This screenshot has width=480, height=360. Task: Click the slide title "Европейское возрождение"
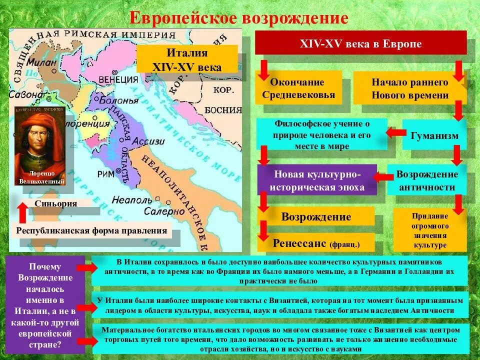click(x=239, y=17)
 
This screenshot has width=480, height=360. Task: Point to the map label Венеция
click(x=118, y=79)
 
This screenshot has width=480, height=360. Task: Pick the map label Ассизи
click(x=151, y=141)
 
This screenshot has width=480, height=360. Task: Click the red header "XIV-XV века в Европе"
click(x=360, y=43)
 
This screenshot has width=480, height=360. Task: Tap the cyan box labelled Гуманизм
click(x=434, y=135)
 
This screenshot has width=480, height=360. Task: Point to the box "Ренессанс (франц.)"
click(x=316, y=243)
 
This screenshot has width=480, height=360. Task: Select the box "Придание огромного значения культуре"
click(x=430, y=230)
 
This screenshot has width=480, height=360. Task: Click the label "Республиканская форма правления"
click(x=91, y=230)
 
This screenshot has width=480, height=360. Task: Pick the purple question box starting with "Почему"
click(x=45, y=305)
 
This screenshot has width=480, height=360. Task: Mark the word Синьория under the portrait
click(x=56, y=203)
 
